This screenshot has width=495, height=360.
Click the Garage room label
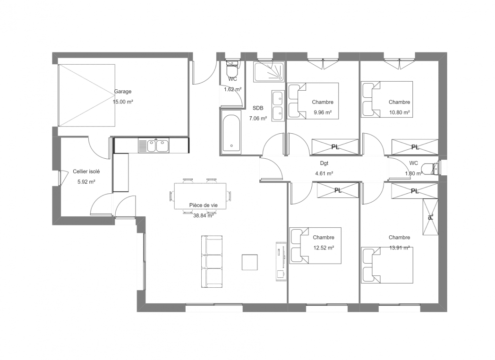coord(122,92)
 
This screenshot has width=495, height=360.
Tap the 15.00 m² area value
coord(123,102)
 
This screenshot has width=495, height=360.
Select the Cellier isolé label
coord(86,171)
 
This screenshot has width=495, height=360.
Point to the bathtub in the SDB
coord(231,133)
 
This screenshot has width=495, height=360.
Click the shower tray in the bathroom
coord(269,72)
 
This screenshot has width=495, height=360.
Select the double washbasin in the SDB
coord(278,105)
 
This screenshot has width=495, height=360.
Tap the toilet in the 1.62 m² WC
coord(232,67)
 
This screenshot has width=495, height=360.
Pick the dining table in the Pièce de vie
coord(200,196)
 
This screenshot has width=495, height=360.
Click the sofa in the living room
coord(212,261)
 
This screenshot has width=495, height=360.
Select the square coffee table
coord(250,262)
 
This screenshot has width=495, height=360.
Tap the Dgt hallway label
coord(324,163)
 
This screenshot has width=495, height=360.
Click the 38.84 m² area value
coord(203,216)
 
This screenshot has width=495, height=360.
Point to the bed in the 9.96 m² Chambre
coord(313,101)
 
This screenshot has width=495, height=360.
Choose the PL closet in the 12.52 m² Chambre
coord(338,190)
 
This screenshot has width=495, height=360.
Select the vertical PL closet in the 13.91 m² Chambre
coord(430,217)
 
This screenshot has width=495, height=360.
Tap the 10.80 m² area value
coord(399,112)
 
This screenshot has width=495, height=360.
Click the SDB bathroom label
coord(258,108)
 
